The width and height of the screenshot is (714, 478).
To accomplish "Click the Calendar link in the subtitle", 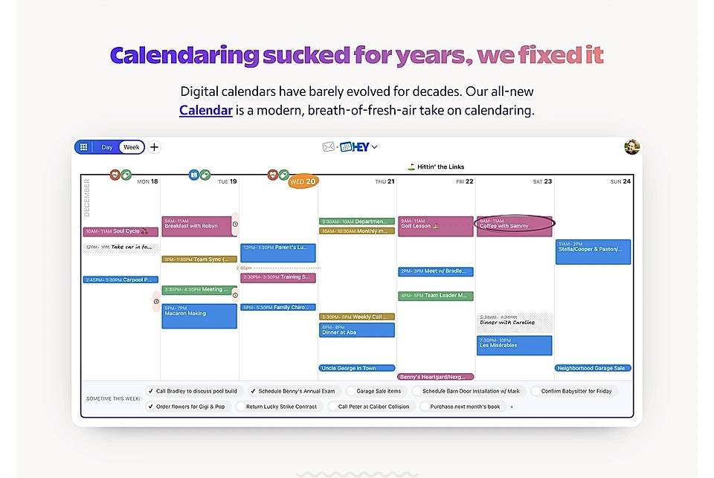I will click(x=206, y=111).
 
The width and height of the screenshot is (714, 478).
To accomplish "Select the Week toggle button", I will click(x=132, y=147).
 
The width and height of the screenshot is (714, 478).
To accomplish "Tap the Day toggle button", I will click(x=107, y=147).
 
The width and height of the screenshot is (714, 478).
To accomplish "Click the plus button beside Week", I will click(x=154, y=147).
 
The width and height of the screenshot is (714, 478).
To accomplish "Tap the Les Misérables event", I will click(x=514, y=345).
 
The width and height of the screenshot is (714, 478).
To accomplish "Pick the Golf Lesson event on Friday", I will click(x=435, y=225).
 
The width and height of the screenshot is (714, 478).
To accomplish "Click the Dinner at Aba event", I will click(x=356, y=330).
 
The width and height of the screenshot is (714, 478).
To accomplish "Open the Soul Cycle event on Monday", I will click(x=120, y=231).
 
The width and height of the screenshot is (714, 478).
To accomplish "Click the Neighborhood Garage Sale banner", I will click(x=593, y=368).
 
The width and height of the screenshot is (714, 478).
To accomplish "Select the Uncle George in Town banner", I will click(x=356, y=368).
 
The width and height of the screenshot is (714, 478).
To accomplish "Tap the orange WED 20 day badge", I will click(x=303, y=181).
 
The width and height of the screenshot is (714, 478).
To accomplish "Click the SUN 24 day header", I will click(x=620, y=181).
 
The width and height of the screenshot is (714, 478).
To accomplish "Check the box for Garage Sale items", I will click(x=350, y=391).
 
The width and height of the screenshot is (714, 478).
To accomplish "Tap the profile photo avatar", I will click(x=631, y=147).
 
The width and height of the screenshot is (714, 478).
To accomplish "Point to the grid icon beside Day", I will click(x=84, y=147).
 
